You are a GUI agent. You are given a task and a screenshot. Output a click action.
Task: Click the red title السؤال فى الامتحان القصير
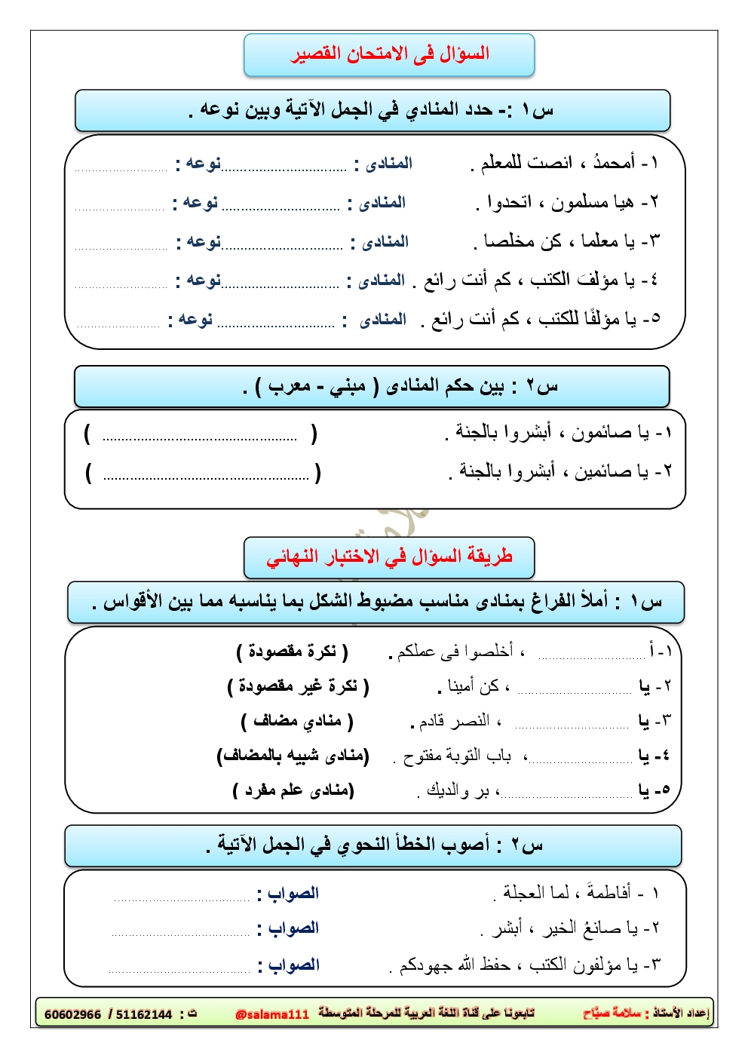[x=389, y=54]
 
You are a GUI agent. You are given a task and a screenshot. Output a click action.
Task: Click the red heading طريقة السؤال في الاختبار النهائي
[x=389, y=557]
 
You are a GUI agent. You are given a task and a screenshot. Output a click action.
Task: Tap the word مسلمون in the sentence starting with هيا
[x=581, y=202]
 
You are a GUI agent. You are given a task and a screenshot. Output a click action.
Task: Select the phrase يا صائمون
[x=610, y=433]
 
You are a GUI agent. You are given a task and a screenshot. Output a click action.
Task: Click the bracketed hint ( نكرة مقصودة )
[x=292, y=652]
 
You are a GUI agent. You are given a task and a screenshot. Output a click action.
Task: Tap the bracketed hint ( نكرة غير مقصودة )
[x=298, y=686]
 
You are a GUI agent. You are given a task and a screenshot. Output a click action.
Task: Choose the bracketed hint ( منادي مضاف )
[x=297, y=722]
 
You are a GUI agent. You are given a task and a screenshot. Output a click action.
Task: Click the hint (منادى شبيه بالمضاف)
[x=293, y=756]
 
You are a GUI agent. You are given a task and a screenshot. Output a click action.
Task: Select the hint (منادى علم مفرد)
[x=294, y=790]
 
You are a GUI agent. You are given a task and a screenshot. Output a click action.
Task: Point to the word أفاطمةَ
[x=608, y=893]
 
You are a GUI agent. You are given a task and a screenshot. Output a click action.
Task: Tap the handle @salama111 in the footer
[x=272, y=1014]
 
